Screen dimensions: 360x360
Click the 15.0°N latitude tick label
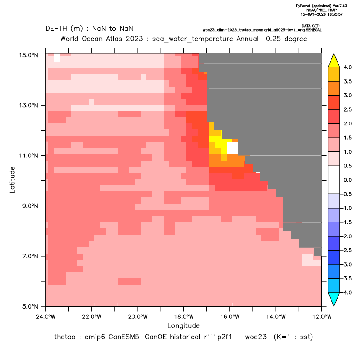click(x=28, y=55)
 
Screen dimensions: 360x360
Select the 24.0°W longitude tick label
click(x=46, y=317)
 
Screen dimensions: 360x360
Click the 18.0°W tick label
click(x=183, y=317)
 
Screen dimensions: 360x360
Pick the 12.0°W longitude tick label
click(x=321, y=317)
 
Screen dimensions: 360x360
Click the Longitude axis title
click(x=183, y=325)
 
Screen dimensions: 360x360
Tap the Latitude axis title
click(x=12, y=180)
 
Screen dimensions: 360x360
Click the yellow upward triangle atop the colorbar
click(x=334, y=61)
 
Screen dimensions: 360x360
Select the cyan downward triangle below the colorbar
click(x=334, y=299)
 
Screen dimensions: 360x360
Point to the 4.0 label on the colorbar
click(x=347, y=67)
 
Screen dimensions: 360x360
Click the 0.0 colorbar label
click(x=347, y=180)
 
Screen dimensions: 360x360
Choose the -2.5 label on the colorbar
click(x=346, y=250)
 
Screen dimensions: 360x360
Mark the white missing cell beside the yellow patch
click(x=232, y=148)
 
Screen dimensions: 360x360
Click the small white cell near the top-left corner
click(x=57, y=58)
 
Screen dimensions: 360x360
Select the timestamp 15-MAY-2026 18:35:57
click(x=321, y=14)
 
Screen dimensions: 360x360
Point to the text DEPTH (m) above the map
click(x=64, y=29)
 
